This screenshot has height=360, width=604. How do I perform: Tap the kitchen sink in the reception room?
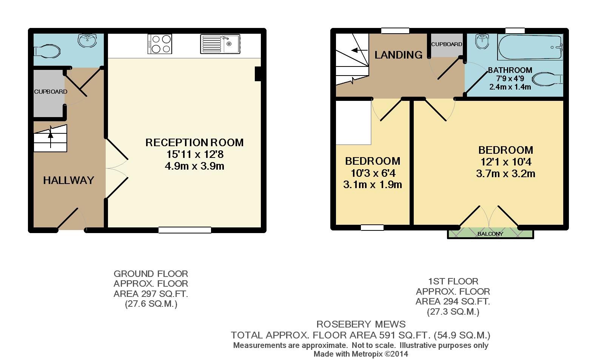(220, 44)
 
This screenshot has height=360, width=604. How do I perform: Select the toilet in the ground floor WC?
(48, 51)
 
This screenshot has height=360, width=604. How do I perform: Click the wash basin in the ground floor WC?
(88, 40)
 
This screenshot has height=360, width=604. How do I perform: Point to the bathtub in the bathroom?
(530, 47)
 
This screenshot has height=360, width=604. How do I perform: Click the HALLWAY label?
(68, 180)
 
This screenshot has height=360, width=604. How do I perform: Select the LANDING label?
(398, 55)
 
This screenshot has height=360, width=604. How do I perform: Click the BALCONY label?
(490, 234)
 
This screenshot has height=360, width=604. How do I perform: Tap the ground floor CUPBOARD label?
(51, 92)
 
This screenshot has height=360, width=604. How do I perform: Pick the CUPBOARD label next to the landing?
(446, 44)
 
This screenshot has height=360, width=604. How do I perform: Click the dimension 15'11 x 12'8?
(195, 155)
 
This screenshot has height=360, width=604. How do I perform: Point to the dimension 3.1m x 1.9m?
(372, 185)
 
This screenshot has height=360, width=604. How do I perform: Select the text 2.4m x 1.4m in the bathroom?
(510, 87)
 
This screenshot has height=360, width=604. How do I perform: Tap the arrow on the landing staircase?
(356, 50)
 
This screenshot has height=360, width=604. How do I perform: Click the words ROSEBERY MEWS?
(361, 324)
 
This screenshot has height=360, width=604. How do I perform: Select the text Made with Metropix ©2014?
(361, 354)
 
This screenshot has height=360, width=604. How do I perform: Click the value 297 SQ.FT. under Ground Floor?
(161, 294)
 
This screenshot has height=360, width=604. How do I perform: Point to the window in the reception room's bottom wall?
(185, 230)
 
